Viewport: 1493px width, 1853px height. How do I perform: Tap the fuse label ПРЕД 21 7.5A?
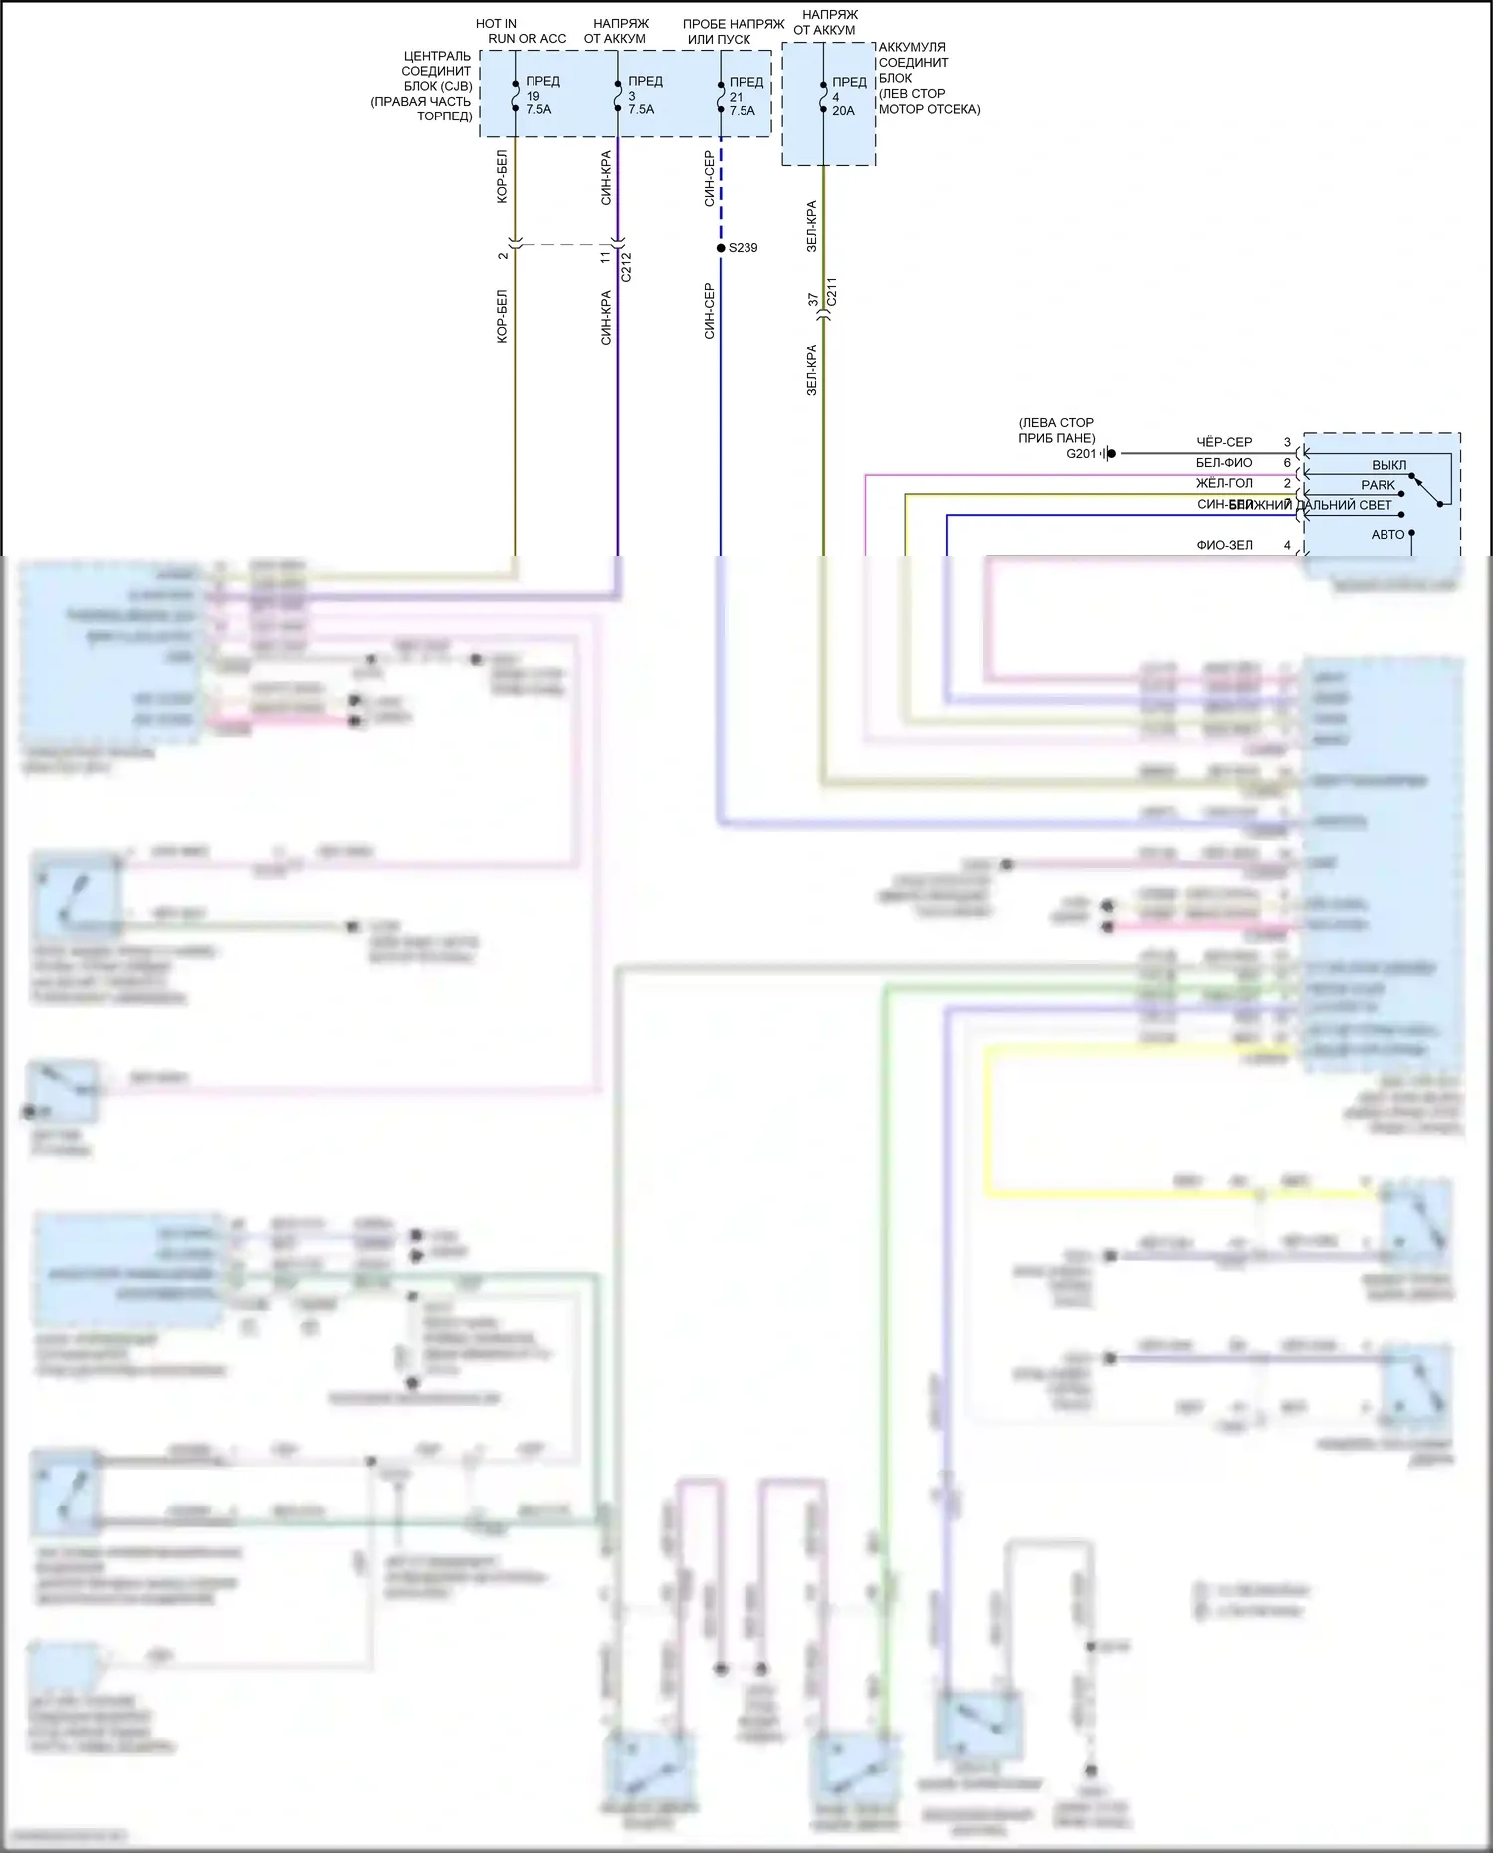coord(745,96)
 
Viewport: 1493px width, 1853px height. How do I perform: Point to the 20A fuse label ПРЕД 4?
coord(847,96)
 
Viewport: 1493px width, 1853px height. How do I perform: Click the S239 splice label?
coord(743,248)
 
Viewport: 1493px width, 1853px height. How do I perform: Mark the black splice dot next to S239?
coord(721,248)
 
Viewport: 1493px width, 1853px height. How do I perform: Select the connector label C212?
coord(627,267)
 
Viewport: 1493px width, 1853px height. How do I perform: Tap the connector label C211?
coord(832,291)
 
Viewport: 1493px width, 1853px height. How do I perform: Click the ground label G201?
coord(1081,454)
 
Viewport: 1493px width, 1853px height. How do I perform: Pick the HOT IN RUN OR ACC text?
coord(526,31)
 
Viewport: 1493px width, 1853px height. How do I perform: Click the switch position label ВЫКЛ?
coord(1388,465)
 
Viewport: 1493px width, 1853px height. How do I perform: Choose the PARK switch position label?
coord(1378,485)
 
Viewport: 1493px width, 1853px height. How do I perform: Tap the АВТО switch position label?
coord(1387,535)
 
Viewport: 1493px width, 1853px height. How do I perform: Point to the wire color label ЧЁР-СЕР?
coord(1224,442)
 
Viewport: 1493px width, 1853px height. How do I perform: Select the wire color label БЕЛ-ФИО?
coord(1224,463)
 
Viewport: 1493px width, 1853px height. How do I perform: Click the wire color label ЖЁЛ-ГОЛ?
coord(1224,483)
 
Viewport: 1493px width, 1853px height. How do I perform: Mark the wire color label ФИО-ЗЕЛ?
coord(1224,545)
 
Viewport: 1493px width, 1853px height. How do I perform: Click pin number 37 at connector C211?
coord(813,299)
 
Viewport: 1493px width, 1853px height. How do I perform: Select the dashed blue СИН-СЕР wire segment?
coord(721,189)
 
